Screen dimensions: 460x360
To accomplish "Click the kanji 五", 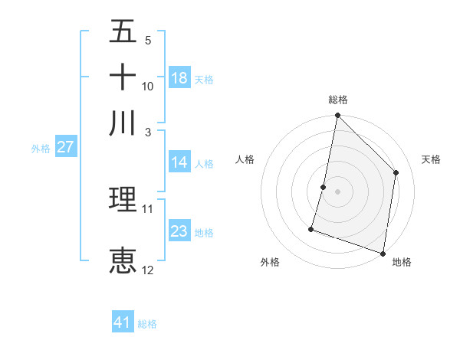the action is click(x=123, y=32).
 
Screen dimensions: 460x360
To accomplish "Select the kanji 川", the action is click(x=123, y=123).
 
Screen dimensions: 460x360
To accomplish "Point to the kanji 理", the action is click(x=123, y=199).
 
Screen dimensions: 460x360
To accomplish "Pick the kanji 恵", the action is click(x=123, y=260).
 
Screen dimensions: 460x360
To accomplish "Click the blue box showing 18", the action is click(x=179, y=78).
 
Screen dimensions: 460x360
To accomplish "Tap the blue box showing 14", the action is click(x=179, y=162).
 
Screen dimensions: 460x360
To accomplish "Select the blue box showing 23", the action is click(x=179, y=231).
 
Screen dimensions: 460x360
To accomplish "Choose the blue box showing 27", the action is click(x=65, y=148).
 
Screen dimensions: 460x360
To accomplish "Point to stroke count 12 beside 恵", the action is click(x=148, y=270).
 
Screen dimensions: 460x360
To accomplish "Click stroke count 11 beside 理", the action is click(x=148, y=208).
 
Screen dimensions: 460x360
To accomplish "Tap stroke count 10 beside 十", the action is click(x=148, y=86).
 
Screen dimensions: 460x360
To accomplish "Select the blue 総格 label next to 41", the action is click(x=147, y=324).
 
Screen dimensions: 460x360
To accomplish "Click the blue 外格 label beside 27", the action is click(x=41, y=149).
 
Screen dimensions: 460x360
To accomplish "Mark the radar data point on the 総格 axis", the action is click(x=337, y=116).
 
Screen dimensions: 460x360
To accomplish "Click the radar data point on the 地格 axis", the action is click(x=383, y=253).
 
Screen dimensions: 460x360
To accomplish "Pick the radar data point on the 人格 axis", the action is click(x=324, y=187).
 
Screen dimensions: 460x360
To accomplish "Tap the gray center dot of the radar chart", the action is click(x=337, y=191).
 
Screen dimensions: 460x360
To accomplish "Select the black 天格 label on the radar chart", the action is click(x=431, y=159).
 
